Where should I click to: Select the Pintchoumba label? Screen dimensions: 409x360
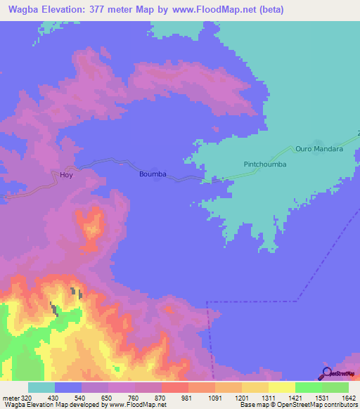point(265,164)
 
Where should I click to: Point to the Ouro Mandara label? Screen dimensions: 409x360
point(319,149)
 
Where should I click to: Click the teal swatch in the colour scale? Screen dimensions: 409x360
point(41,387)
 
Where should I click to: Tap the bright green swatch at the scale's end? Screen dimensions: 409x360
point(335,387)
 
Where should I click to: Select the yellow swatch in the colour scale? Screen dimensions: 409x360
point(282,387)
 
